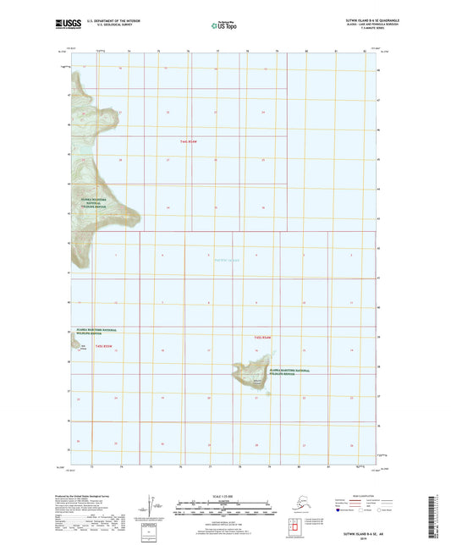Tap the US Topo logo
pos(222,26)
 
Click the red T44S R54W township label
pos(195,141)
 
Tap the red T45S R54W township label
pos(262,338)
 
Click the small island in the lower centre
pos(254,377)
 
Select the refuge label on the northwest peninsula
pos(99,203)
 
